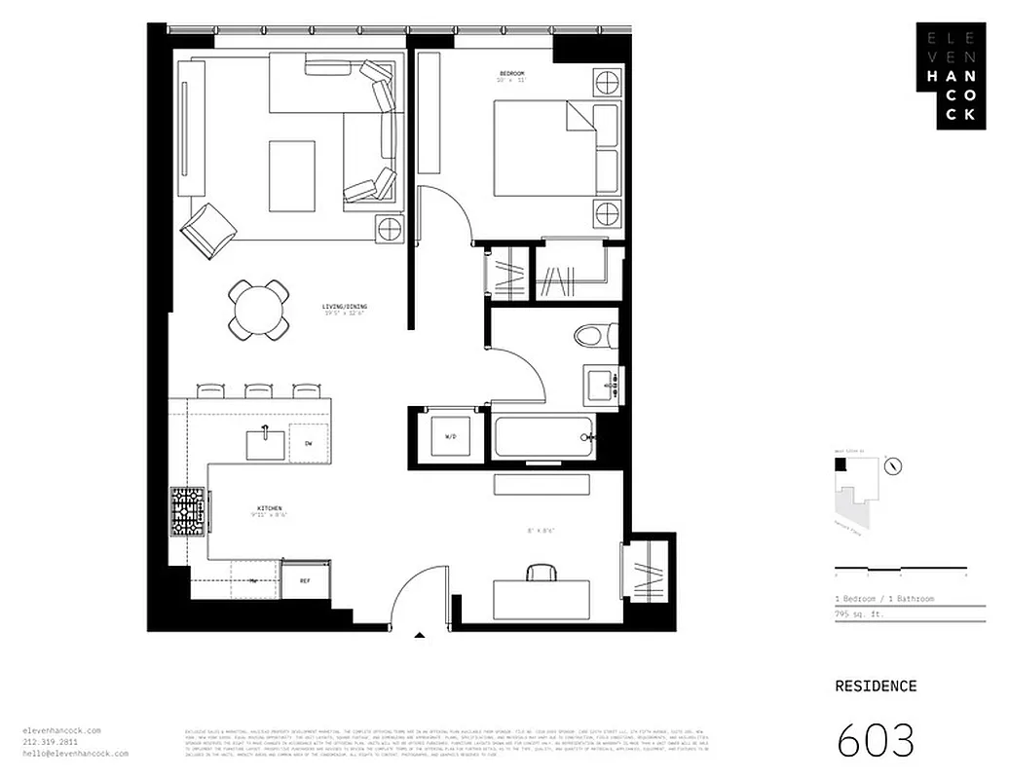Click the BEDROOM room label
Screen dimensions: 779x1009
click(x=511, y=74)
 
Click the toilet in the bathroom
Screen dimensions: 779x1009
click(x=594, y=336)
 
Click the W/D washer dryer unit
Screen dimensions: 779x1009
click(x=450, y=436)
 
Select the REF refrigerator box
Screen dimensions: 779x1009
click(x=304, y=580)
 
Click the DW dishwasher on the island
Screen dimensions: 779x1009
click(x=308, y=443)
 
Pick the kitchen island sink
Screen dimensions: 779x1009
click(x=265, y=444)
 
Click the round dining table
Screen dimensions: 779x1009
click(x=258, y=310)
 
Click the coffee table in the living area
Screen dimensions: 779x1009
click(x=292, y=175)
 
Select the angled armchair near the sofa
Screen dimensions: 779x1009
click(x=208, y=230)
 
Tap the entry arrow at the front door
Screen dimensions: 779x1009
click(x=420, y=636)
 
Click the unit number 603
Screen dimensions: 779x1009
click(x=876, y=740)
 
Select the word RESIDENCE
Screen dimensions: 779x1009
click(x=876, y=686)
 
